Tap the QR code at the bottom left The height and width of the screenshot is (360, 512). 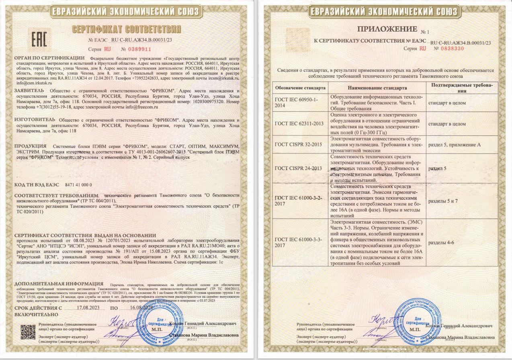point(28,331)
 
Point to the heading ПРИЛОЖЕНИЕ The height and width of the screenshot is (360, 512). point(388,29)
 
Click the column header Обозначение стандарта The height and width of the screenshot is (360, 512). point(300,88)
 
